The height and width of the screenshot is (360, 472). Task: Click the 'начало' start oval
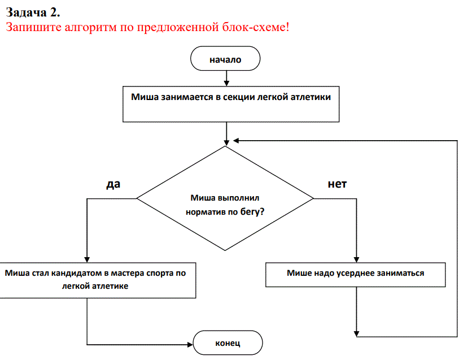(x=225, y=59)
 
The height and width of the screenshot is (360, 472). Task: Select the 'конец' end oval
(x=228, y=343)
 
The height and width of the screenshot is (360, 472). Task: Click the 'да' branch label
(x=113, y=184)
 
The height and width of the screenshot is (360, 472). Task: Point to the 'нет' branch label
(x=337, y=184)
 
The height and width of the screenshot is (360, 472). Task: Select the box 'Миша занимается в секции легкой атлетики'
(x=231, y=104)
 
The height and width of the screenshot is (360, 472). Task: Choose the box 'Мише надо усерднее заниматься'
(x=356, y=275)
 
